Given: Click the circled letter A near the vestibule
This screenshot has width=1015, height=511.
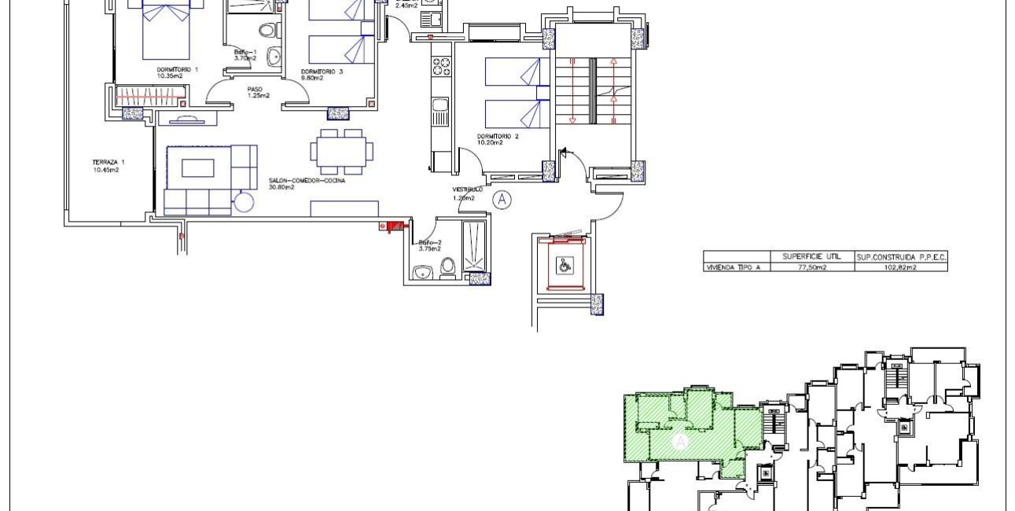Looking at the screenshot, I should coord(502,200).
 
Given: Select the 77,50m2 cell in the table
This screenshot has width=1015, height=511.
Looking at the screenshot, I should coord(812,267).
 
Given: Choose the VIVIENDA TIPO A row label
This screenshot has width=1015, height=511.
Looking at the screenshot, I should coord(733,267).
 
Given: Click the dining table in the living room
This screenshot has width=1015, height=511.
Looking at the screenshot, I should coord(341,152).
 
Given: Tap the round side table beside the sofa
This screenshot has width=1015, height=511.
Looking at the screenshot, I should coord(245,201).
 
